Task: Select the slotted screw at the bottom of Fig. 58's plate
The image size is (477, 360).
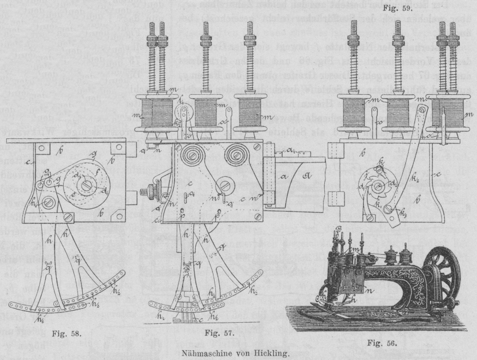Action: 68,218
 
